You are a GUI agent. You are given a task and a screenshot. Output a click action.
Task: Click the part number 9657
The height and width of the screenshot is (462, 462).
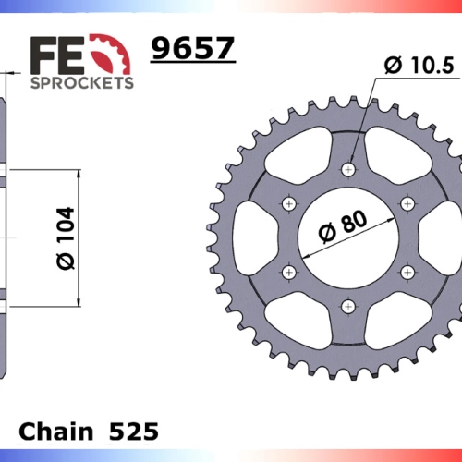pyautogui.click(x=193, y=48)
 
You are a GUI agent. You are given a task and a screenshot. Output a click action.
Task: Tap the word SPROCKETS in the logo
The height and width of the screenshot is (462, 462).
pyautogui.click(x=82, y=83)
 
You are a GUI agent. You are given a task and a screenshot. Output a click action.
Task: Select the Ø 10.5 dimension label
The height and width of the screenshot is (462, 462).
pyautogui.click(x=419, y=66)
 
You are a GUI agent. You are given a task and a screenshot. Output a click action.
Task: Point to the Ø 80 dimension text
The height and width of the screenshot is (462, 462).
pyautogui.click(x=343, y=226)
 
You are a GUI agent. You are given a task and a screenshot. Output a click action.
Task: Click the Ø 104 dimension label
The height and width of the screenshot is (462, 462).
pyautogui.click(x=66, y=238)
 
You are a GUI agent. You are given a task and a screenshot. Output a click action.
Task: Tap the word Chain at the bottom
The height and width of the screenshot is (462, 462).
pyautogui.click(x=56, y=432)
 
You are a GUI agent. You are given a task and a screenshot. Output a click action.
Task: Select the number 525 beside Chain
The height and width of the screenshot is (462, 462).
pyautogui.click(x=134, y=432)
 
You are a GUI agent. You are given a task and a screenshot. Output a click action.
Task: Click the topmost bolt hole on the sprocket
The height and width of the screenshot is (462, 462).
pyautogui.click(x=348, y=169)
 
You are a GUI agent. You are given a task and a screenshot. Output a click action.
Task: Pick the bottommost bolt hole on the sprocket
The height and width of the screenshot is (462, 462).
pyautogui.click(x=348, y=307)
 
